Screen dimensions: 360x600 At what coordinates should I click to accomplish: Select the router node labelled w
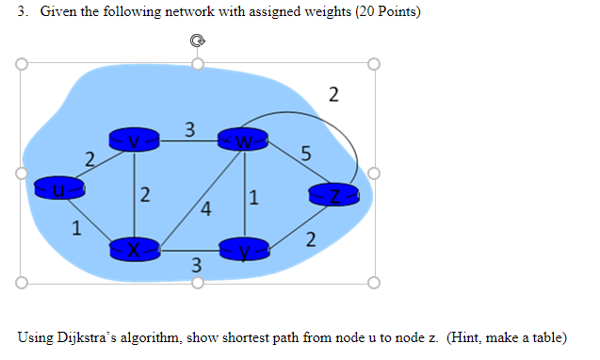tap(244, 142)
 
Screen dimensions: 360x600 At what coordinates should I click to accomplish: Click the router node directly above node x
tap(135, 140)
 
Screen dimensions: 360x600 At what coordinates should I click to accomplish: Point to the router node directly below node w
tap(245, 250)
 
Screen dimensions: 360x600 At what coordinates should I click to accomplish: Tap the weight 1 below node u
tap(77, 227)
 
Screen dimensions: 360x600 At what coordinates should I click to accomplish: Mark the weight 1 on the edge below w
tap(253, 197)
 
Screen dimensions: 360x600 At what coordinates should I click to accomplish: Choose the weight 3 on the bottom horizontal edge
tap(196, 265)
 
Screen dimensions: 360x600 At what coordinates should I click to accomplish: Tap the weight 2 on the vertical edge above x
tap(144, 195)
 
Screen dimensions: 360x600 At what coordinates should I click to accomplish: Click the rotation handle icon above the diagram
tap(196, 41)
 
